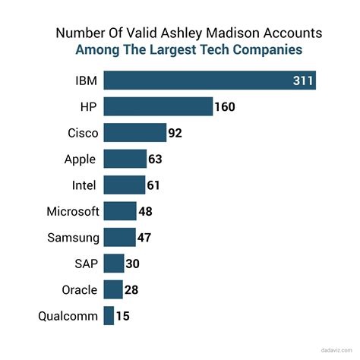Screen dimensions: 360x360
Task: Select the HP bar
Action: [x=158, y=106]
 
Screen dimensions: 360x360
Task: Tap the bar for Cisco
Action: [x=134, y=133]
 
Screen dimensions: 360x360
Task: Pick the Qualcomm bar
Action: [x=109, y=315]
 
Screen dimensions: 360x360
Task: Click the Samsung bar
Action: [x=119, y=237]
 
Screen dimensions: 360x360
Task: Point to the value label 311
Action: [x=303, y=81]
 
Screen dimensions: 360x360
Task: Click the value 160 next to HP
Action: [x=225, y=106]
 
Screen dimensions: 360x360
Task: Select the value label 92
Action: [x=176, y=133]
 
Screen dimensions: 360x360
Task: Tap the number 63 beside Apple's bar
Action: [x=156, y=159]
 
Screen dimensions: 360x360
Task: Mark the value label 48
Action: [x=146, y=211]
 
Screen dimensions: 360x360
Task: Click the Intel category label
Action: [x=85, y=185]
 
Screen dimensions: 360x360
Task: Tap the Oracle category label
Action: [x=79, y=289]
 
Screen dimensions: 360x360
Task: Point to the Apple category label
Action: [x=81, y=159]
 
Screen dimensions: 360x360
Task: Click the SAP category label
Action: [x=86, y=264]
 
